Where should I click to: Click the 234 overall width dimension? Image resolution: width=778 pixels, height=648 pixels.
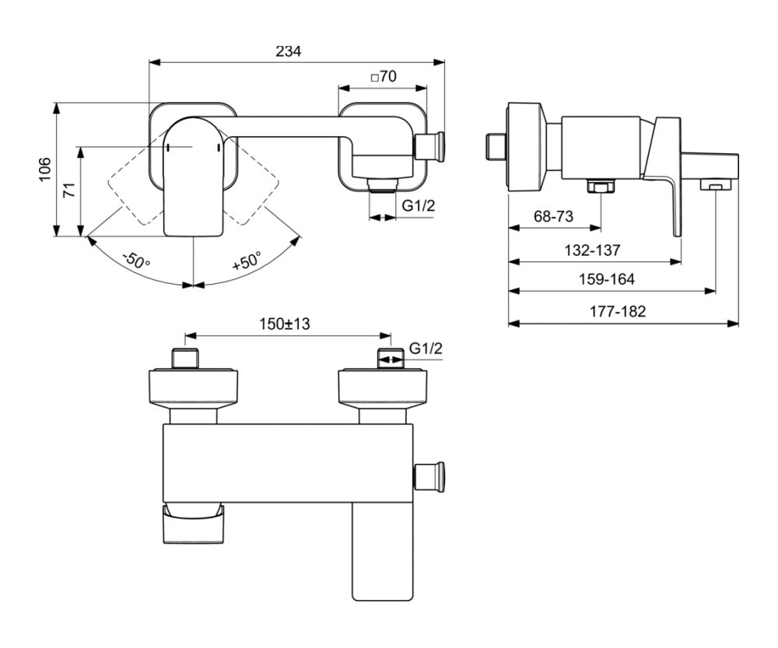[289, 51]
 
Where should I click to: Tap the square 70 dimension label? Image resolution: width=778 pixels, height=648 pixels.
[384, 76]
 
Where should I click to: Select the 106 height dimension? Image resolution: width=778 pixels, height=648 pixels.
[45, 170]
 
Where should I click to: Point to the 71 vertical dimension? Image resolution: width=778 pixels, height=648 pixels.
[71, 191]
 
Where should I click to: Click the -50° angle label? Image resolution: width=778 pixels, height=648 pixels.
[135, 259]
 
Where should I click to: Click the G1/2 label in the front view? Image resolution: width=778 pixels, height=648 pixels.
[418, 205]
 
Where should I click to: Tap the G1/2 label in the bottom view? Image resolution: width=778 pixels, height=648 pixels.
[426, 349]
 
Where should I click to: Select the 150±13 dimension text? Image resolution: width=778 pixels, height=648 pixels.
[285, 324]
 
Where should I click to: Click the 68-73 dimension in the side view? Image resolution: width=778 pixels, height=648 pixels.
[553, 216]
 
